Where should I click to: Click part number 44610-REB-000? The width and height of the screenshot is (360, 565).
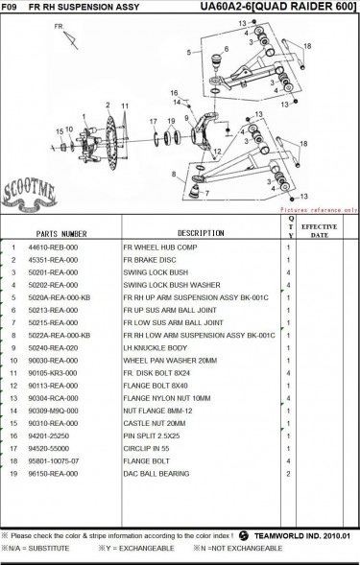coord(53,247)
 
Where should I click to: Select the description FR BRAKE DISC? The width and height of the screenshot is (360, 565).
coord(150,260)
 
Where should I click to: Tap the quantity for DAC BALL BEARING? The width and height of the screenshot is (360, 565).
coord(288,474)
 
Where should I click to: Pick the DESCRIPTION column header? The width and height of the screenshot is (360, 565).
coord(201,233)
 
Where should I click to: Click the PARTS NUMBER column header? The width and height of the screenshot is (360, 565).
coord(61,234)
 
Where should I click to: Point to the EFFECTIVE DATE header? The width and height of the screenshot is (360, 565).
coord(320,231)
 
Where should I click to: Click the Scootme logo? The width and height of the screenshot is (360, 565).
coord(29,195)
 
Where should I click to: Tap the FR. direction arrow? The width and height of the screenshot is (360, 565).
coord(71,40)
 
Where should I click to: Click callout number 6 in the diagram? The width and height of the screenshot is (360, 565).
coord(227,49)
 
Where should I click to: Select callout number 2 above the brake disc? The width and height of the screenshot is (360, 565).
coord(108,106)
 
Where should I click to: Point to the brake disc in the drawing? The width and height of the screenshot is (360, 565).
coord(110,143)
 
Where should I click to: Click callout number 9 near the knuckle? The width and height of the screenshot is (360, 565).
coord(186,118)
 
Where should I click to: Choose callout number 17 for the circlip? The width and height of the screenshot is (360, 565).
coord(154,122)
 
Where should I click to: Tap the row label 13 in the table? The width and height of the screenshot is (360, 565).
coord(13,398)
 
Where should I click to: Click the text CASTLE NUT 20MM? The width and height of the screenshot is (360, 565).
coord(155,423)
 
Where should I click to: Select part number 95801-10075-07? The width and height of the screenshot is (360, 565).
coord(54,461)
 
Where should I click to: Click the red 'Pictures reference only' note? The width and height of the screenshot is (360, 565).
coord(319,210)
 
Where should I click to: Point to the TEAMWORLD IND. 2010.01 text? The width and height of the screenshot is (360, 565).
coord(302,536)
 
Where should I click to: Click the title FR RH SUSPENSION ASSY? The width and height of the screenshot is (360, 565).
coord(84,7)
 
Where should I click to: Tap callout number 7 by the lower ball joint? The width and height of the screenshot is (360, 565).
coord(207,194)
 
